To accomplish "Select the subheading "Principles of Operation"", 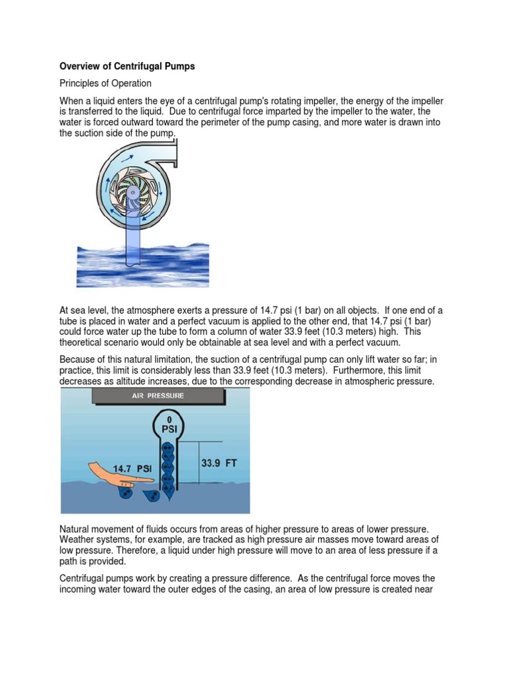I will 105,83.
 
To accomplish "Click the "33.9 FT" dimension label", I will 219,463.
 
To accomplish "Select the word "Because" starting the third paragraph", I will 78,359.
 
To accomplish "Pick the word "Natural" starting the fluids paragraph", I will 76,529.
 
